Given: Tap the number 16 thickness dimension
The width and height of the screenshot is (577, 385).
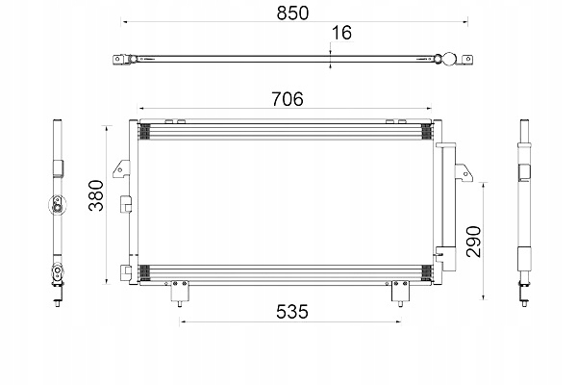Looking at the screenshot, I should point(339,34).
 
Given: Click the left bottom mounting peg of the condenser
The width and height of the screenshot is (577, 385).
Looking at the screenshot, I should point(177,295).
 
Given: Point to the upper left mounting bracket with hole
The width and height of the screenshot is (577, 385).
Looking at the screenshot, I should point(118,170).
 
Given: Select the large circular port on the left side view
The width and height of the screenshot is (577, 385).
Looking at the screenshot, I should point(59,204).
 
